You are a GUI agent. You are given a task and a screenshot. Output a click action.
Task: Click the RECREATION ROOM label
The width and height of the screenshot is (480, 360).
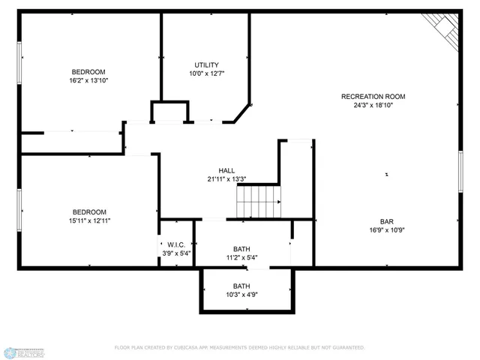tap(373, 96)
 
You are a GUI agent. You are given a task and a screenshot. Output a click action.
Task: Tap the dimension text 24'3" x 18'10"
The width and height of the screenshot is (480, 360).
tap(373, 106)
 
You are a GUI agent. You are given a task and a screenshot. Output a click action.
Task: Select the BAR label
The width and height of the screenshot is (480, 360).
tap(387, 221)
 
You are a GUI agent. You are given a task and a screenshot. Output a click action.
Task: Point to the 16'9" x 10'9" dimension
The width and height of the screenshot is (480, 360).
tap(387, 231)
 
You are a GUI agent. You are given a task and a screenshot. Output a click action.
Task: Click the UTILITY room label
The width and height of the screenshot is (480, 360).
tap(206, 64)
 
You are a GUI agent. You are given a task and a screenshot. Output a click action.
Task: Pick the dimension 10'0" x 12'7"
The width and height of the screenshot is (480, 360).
tap(206, 73)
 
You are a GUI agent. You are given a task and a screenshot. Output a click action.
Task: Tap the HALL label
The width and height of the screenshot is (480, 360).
tap(226, 170)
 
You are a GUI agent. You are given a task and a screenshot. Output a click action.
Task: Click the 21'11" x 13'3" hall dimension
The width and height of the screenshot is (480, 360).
tap(226, 179)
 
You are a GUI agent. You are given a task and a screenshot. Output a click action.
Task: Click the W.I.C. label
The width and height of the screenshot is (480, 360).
tap(177, 244)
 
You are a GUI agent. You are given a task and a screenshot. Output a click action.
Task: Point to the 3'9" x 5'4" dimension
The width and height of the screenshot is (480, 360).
tap(177, 253)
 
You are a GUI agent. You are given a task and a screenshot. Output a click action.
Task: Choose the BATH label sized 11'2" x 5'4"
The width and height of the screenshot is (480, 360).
tap(241, 249)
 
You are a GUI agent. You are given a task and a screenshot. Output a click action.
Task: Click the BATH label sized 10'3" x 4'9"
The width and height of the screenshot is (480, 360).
tap(241, 286)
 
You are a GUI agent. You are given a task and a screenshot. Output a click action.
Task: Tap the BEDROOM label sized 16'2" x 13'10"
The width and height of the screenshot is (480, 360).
tap(88, 72)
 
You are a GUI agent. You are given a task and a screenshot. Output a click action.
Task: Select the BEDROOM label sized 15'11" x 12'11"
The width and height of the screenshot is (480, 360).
tap(89, 211)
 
